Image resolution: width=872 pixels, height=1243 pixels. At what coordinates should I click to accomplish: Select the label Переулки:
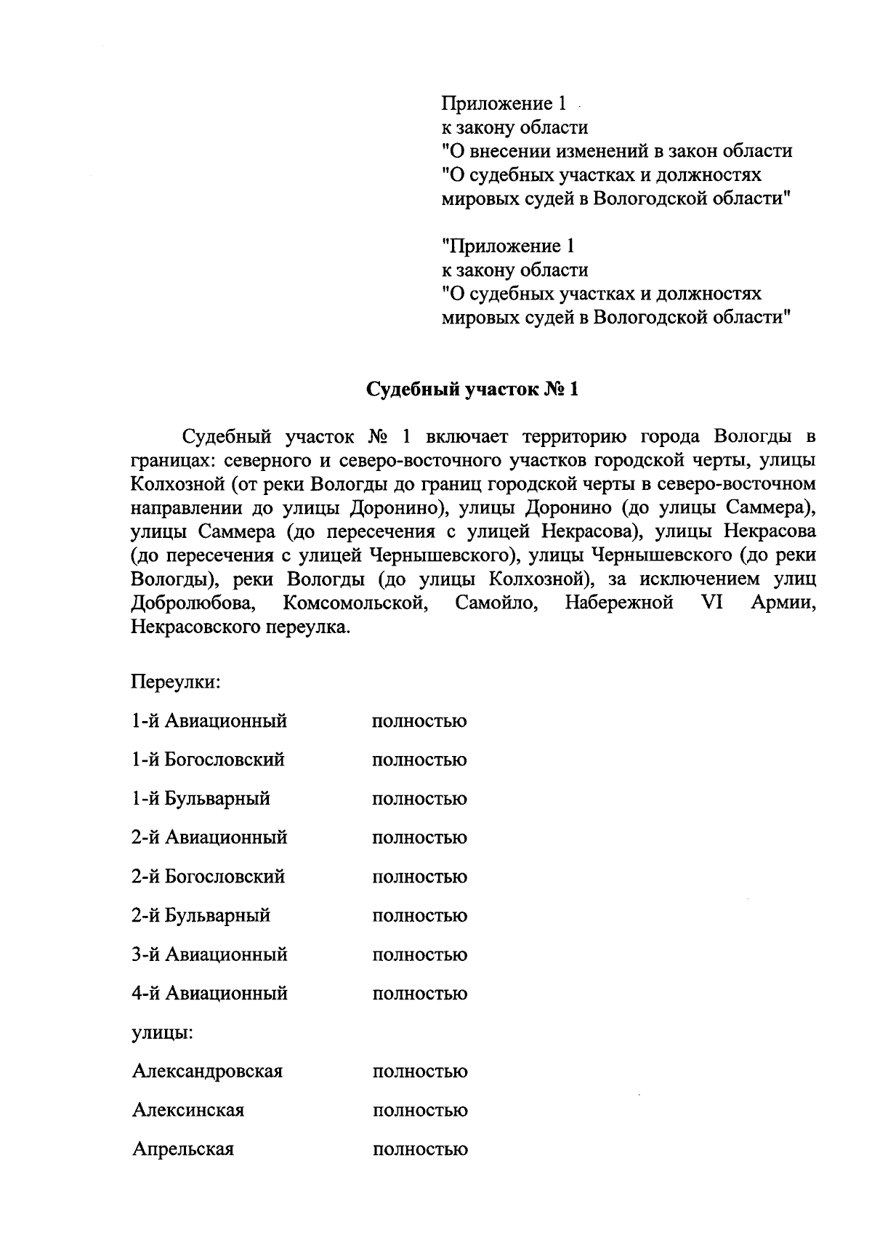tap(175, 683)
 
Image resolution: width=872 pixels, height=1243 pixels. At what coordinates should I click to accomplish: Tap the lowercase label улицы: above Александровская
tap(162, 1032)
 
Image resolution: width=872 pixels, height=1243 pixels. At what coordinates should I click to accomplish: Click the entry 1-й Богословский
tap(208, 760)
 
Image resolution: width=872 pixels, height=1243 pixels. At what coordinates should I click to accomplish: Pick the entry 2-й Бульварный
tap(201, 916)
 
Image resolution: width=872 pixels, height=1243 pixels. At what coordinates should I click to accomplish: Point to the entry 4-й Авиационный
tap(209, 993)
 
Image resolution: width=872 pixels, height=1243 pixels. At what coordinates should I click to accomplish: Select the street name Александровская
tap(207, 1071)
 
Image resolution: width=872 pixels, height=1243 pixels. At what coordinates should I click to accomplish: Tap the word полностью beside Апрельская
tap(420, 1149)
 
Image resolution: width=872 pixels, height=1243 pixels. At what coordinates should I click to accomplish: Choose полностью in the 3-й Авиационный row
tap(419, 954)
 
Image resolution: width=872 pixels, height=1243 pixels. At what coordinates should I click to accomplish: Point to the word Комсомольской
tap(353, 603)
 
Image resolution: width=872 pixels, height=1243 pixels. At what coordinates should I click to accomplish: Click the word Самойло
tap(496, 603)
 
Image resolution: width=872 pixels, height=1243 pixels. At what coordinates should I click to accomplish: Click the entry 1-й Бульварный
tap(201, 799)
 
